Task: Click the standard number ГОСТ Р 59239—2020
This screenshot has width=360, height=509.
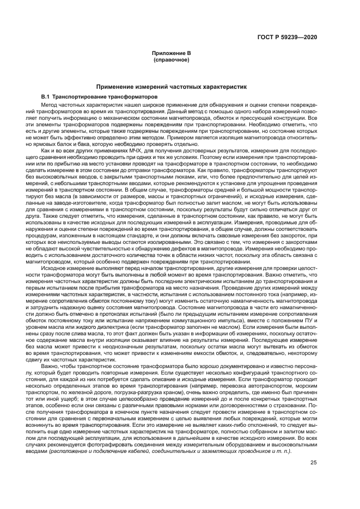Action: pos(291,37)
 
